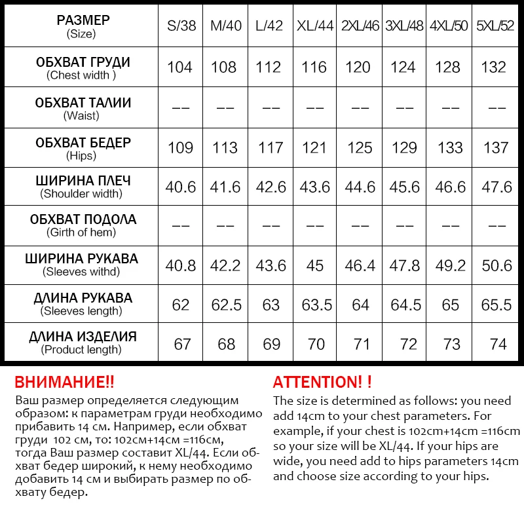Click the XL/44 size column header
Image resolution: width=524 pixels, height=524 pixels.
click(x=315, y=26)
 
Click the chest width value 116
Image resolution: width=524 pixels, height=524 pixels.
click(x=315, y=67)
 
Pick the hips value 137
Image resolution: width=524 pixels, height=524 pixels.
click(x=496, y=147)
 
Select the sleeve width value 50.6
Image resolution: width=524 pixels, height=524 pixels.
click(x=496, y=266)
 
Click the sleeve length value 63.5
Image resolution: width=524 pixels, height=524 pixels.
click(x=315, y=305)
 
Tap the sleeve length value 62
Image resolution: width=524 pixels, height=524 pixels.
click(x=181, y=305)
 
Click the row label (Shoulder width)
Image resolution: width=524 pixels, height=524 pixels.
click(x=81, y=194)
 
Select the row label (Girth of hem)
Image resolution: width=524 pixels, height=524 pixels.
click(x=81, y=233)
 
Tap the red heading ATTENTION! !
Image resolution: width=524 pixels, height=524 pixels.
click(x=322, y=383)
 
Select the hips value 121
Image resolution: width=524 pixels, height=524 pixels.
click(x=315, y=147)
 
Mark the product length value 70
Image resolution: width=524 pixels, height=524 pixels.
click(x=315, y=345)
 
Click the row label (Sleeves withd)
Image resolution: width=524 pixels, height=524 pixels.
click(x=81, y=272)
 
